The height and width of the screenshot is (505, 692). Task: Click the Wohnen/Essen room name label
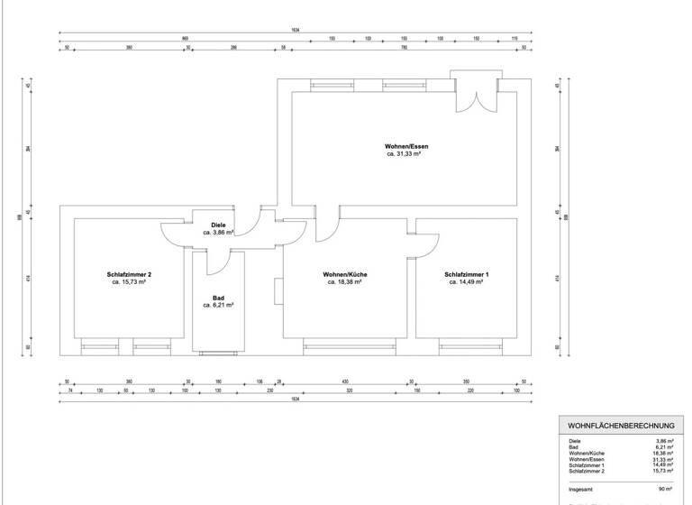pos(404,146)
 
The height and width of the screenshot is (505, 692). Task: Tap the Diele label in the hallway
pos(218,225)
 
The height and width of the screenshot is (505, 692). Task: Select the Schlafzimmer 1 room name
pos(466,274)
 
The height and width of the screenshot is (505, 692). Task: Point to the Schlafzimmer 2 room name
pos(128,274)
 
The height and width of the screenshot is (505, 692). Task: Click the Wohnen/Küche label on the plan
pos(344,274)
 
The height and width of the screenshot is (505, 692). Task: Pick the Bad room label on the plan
pos(218,298)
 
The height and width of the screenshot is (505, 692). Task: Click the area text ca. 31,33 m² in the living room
pos(404,154)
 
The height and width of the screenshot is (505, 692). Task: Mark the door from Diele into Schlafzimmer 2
pos(176,233)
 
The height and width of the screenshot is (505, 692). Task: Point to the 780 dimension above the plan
pos(404,49)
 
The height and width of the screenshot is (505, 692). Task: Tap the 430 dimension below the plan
pos(344,382)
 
